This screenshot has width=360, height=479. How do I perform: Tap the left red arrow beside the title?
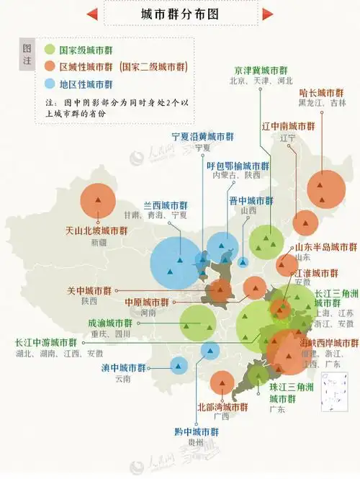[92, 13]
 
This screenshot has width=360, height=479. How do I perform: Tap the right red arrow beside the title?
[267, 13]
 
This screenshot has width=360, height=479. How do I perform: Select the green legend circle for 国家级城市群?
[49, 50]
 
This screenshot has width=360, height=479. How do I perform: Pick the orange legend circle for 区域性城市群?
[49, 67]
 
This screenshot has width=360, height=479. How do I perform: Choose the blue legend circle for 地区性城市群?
[49, 84]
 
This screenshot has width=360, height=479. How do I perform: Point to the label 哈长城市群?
[322, 92]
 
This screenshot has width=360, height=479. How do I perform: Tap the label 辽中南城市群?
[288, 125]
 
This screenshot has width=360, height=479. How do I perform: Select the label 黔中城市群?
[196, 431]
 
